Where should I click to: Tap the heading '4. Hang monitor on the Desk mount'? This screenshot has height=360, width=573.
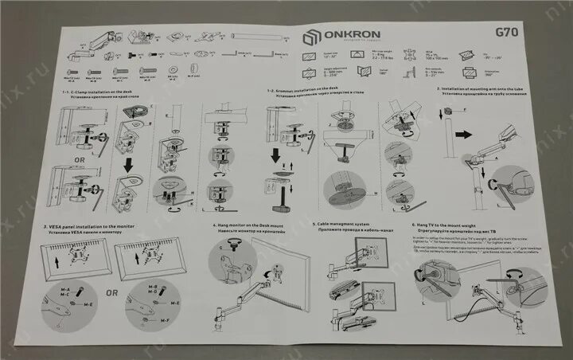click(253, 226)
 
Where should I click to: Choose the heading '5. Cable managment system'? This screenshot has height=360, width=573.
click(343, 225)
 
